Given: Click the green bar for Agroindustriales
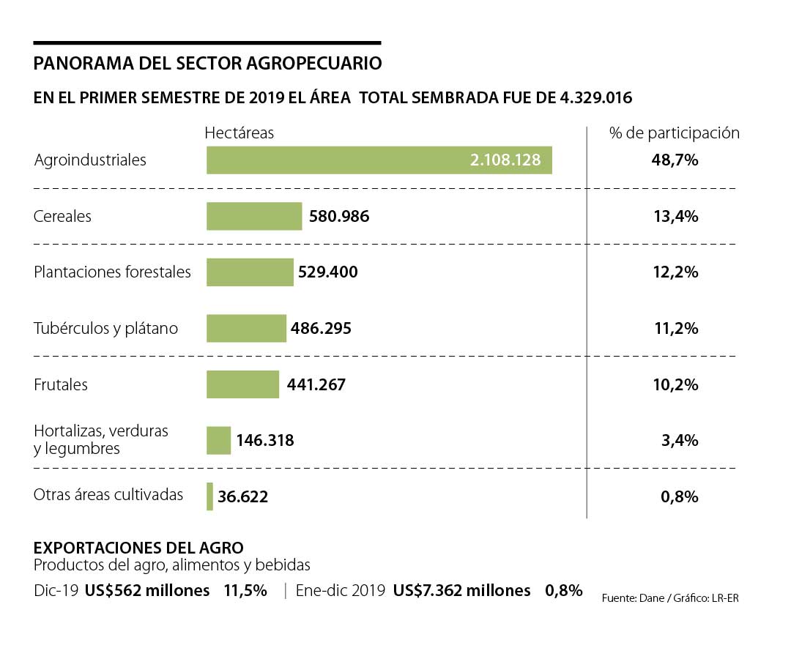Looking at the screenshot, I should pyautogui.click(x=337, y=160).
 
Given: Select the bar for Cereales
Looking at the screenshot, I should pyautogui.click(x=254, y=217).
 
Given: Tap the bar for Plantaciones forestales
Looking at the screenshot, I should pyautogui.click(x=250, y=272).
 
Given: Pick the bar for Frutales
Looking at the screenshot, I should pyautogui.click(x=242, y=384).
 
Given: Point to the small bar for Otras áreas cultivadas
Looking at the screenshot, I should pyautogui.click(x=210, y=496).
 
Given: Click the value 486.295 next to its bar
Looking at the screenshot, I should pyautogui.click(x=321, y=329).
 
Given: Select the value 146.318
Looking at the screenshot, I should pyautogui.click(x=264, y=441).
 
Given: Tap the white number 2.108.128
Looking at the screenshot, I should pyautogui.click(x=505, y=160).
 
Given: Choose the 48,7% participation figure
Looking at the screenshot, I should pyautogui.click(x=675, y=160).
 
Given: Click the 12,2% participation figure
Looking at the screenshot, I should pyautogui.click(x=675, y=272).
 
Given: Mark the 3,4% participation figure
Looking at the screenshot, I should pyautogui.click(x=679, y=441).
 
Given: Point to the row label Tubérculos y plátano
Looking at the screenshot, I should pyautogui.click(x=105, y=329).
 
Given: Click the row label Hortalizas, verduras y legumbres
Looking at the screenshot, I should pyautogui.click(x=101, y=439).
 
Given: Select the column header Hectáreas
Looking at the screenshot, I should pyautogui.click(x=239, y=133).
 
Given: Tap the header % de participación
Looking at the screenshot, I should pyautogui.click(x=675, y=133).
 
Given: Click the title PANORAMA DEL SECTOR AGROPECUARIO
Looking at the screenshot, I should pyautogui.click(x=207, y=64).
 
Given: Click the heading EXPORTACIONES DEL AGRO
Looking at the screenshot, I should pyautogui.click(x=139, y=548).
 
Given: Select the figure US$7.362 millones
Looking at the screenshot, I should pyautogui.click(x=461, y=591).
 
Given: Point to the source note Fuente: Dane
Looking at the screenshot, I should pyautogui.click(x=632, y=598).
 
